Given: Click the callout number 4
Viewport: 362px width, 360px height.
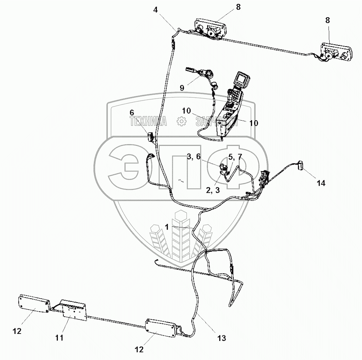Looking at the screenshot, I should coord(155,10).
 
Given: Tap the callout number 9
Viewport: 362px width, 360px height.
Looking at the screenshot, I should coord(182,88).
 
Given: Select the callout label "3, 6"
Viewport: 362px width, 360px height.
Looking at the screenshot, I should coord(194,157).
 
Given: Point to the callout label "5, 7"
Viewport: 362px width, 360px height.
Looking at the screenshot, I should coord(235,157).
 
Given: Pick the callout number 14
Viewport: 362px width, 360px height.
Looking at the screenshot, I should coord(321,183).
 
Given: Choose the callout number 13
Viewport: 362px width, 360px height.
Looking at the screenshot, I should coord(221,338).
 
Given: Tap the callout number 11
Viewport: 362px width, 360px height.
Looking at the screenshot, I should coord(59,338).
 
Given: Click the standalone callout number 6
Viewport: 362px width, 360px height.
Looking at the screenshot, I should coord(132,112).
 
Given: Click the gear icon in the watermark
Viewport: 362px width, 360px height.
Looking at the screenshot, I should coord(181,122).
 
